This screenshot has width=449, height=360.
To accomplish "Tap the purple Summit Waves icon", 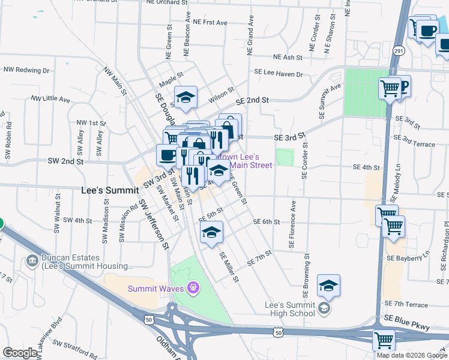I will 193,288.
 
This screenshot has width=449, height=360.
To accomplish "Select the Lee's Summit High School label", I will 290,308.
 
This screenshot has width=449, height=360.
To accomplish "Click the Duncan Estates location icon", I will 32,260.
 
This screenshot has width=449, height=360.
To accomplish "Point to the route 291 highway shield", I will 399,52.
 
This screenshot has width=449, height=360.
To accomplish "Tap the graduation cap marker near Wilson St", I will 186,97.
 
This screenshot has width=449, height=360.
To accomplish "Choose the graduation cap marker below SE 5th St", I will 211,232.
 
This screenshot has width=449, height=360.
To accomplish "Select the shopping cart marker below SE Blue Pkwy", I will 384,340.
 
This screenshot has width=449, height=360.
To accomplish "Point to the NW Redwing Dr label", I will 26,70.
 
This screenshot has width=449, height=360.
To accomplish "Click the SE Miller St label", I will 229,267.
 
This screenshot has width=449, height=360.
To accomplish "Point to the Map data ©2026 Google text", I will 412,355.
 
